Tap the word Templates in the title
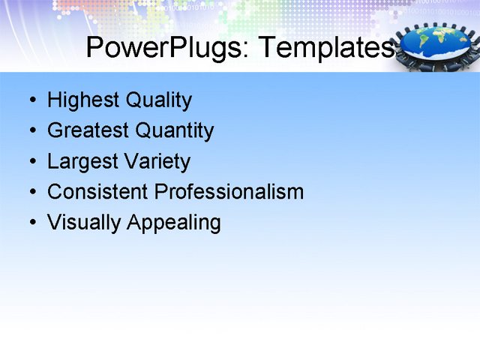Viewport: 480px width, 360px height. point(324,48)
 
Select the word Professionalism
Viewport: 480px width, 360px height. point(229,192)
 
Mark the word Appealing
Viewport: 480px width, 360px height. point(174,223)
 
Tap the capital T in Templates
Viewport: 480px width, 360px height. point(266,47)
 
